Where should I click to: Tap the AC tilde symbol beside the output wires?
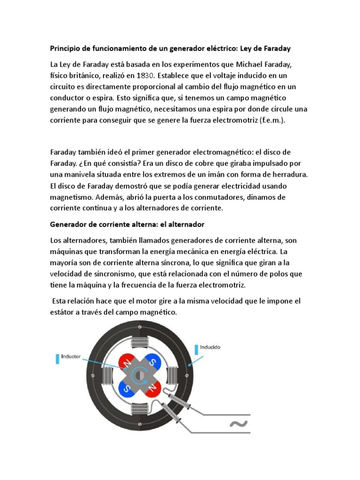tap(238, 424)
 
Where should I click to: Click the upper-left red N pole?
tap(125, 362)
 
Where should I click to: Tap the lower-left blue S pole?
tap(125, 387)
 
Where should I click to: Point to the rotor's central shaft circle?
tap(138, 375)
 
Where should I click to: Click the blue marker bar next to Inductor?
tap(57, 359)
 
